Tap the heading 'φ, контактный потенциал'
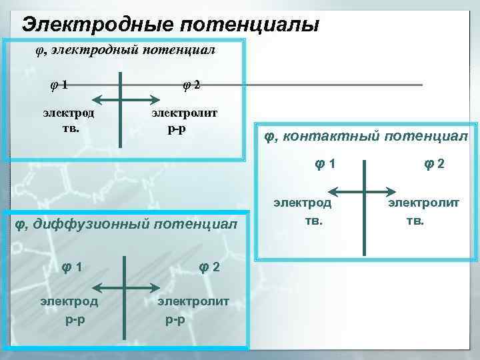[x=366, y=137]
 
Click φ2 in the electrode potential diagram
[x=191, y=85]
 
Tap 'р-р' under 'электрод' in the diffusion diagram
[x=74, y=319]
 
